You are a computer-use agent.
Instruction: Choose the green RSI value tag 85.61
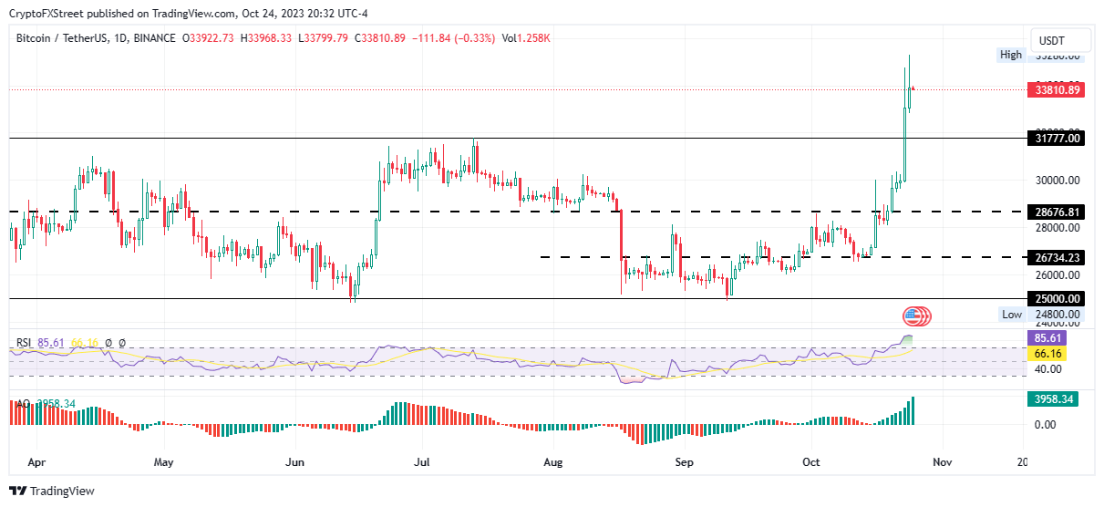pos(1046,337)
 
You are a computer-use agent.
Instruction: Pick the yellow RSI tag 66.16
pos(1046,353)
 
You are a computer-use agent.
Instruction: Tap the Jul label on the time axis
pos(423,462)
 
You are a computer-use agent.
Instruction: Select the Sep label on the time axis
pos(685,462)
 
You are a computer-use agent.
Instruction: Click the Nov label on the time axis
pos(943,462)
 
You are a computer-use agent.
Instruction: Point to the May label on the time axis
pos(163,462)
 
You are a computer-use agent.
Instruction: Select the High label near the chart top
pos(1011,55)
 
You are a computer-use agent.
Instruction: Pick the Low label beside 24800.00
pos(1012,315)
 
